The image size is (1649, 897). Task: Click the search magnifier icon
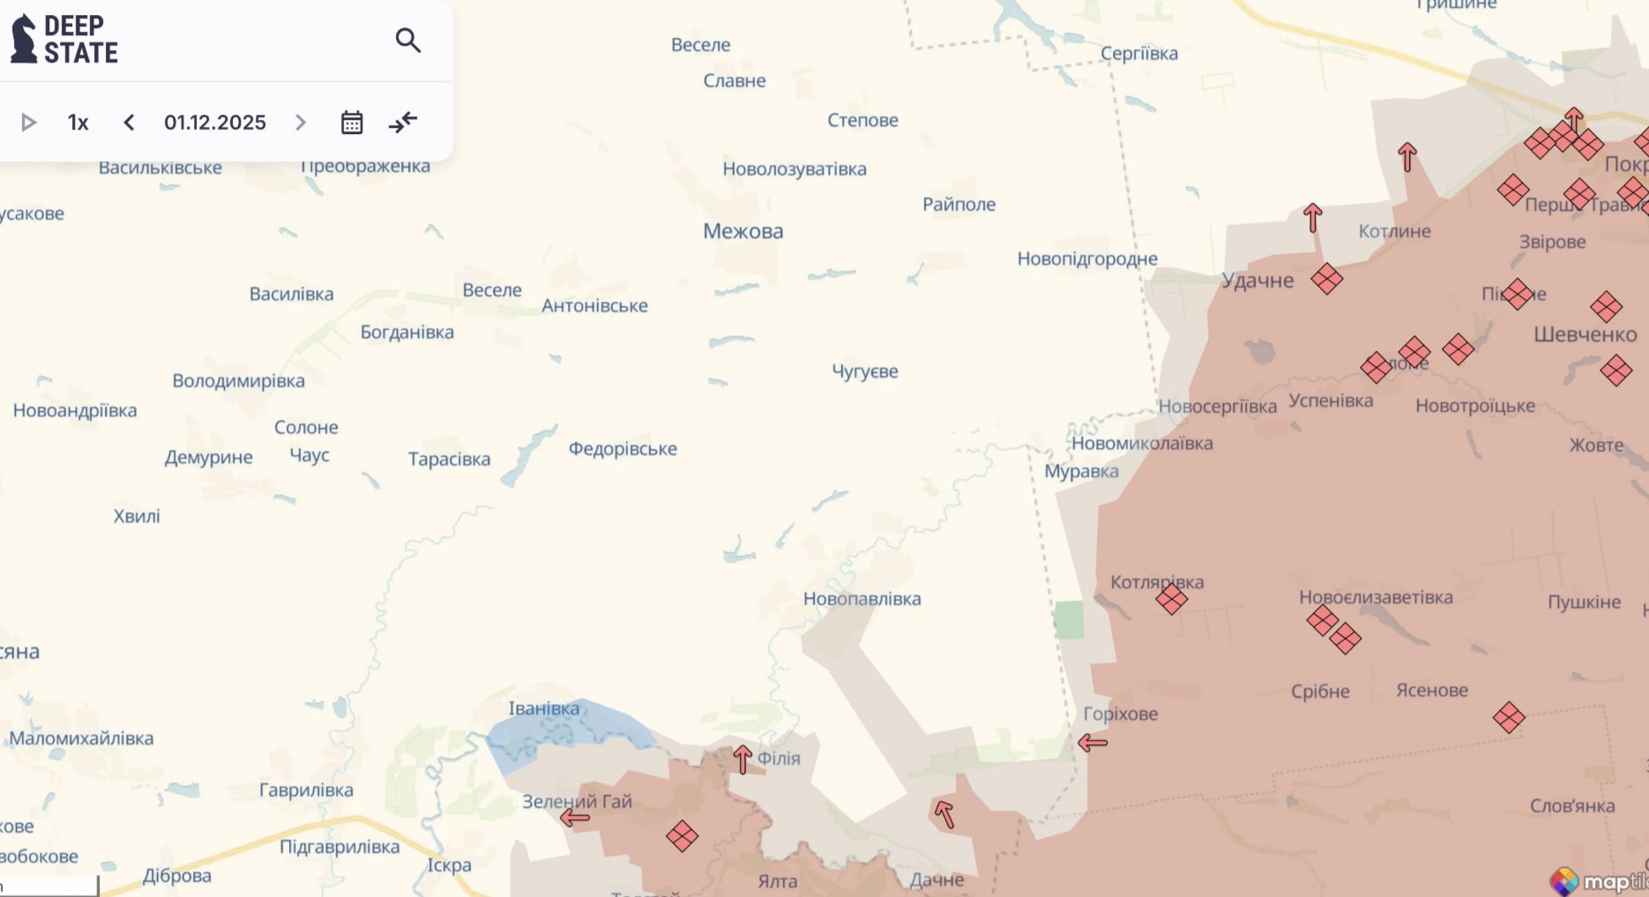(x=407, y=41)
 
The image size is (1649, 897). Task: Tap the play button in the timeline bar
(x=28, y=123)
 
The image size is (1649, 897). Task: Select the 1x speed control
(x=78, y=123)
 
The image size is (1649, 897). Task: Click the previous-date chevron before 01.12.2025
(x=129, y=123)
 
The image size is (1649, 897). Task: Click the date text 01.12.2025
(x=214, y=123)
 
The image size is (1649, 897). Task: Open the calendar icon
(x=352, y=123)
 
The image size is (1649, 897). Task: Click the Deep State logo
(x=64, y=40)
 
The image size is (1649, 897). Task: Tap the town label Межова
(x=742, y=231)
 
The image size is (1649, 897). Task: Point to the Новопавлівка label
(x=862, y=599)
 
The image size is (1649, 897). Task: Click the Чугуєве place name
(x=864, y=371)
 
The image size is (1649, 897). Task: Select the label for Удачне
(x=1257, y=280)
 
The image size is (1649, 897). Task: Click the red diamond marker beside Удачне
(x=1326, y=279)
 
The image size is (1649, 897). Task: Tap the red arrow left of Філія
(x=742, y=759)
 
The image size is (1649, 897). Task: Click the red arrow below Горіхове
(x=1093, y=743)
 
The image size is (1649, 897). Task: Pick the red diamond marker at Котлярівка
(x=1171, y=600)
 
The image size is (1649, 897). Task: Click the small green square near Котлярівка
(x=1069, y=619)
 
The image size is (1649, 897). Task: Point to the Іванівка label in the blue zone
(x=544, y=708)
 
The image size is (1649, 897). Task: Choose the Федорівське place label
(x=623, y=449)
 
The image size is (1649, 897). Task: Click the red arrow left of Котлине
(x=1312, y=217)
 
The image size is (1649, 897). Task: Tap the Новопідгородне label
(x=1087, y=259)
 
